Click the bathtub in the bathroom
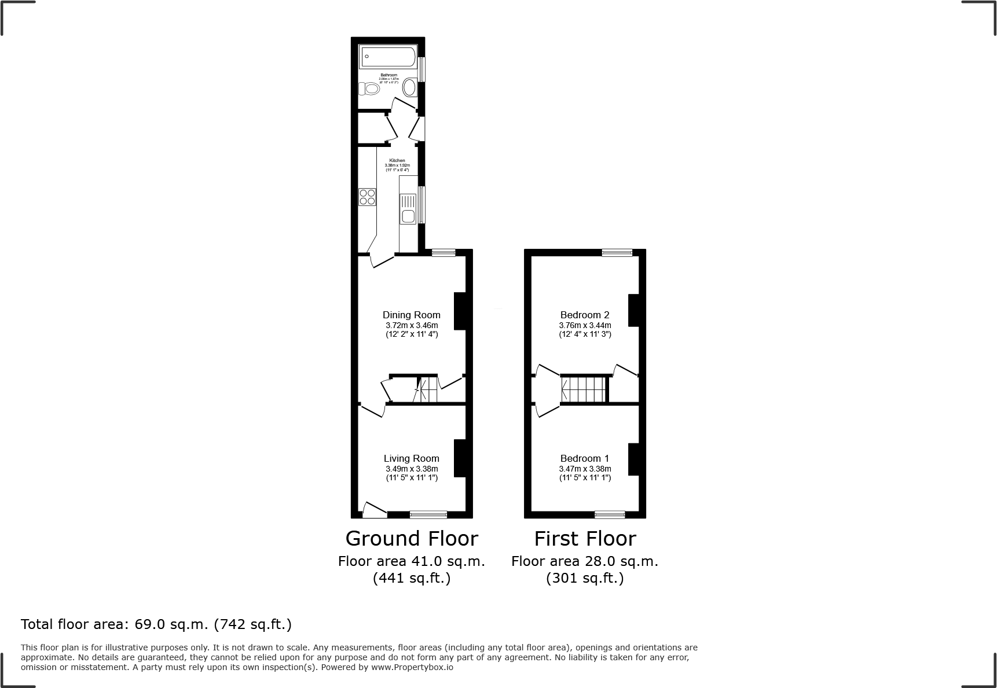388,58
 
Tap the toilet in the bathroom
369,89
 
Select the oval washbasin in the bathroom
409,88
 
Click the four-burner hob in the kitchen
367,197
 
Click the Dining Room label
411,315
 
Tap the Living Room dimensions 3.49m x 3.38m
412,469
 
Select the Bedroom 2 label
585,315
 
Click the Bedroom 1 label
585,458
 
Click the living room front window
428,514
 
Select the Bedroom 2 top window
617,252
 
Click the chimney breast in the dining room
460,311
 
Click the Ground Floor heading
412,539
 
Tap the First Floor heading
585,539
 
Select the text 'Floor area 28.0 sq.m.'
585,561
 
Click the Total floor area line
156,624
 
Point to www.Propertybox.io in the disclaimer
412,667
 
